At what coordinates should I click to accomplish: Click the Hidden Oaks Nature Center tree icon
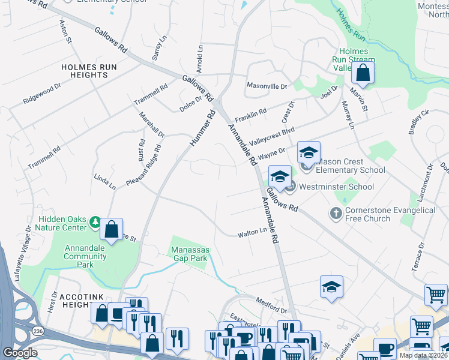pyautogui.click(x=95, y=223)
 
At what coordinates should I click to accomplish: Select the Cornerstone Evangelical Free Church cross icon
pyautogui.click(x=336, y=213)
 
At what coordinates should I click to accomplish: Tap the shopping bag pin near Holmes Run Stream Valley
pyautogui.click(x=363, y=73)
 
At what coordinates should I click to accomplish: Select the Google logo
pyautogui.click(x=20, y=353)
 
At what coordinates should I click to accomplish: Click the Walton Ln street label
pyautogui.click(x=252, y=231)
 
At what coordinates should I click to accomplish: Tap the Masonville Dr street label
pyautogui.click(x=267, y=86)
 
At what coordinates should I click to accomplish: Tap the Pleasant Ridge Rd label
pyautogui.click(x=144, y=164)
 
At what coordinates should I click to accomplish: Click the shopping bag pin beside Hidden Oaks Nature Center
pyautogui.click(x=111, y=230)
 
